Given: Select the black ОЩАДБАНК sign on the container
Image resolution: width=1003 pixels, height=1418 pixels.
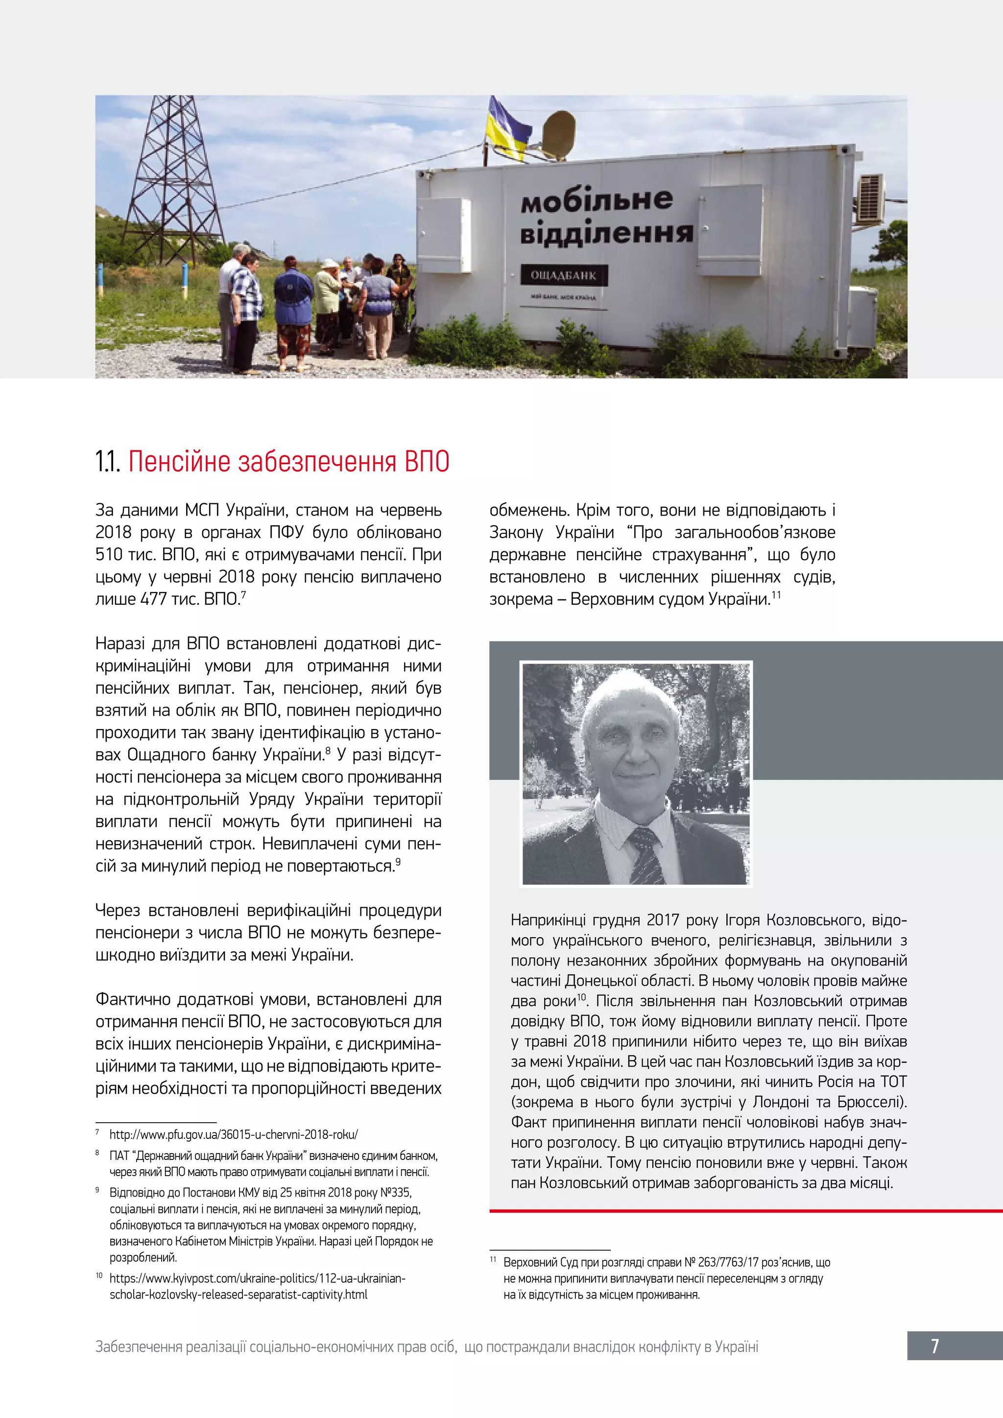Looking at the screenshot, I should click(563, 276).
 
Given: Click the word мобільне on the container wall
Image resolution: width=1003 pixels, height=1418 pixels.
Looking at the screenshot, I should click(597, 200).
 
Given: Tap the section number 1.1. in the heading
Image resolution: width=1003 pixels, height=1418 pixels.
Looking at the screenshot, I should click(108, 462).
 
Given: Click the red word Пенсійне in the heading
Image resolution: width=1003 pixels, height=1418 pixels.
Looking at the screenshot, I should click(180, 462).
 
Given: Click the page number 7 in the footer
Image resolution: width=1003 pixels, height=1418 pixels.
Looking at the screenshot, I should click(934, 1346).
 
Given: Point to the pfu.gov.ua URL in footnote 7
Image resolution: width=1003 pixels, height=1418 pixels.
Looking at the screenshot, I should click(234, 1134).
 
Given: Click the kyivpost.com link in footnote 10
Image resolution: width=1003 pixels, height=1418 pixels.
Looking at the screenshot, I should click(257, 1278).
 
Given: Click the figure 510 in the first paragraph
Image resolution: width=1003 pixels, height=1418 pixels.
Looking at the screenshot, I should click(109, 555).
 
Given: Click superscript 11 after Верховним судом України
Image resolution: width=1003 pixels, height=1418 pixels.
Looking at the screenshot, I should click(776, 595).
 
